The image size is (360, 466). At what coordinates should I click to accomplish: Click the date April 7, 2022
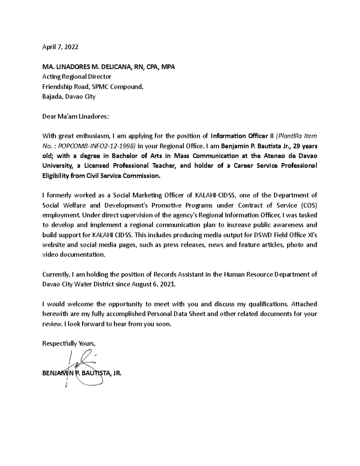pos(60,47)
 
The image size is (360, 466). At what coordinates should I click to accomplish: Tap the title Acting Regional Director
pos(77,77)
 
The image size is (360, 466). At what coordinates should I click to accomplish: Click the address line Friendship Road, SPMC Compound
pos(93,87)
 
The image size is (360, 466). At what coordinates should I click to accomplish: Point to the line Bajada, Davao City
pos(69,97)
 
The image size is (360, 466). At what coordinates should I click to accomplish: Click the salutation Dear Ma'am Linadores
pos(75,116)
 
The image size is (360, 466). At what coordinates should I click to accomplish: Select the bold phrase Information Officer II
pos(242,136)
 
